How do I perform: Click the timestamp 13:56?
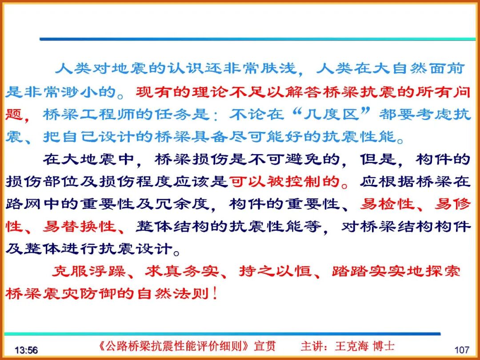26,350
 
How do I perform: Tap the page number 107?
462,350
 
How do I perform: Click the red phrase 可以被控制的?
284,181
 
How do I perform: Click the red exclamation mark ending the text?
216,294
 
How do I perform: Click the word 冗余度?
182,204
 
